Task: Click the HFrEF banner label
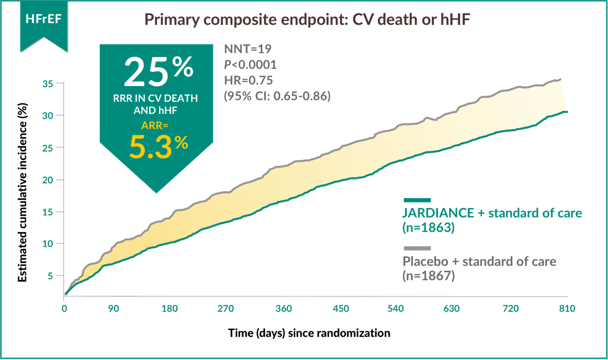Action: point(43,20)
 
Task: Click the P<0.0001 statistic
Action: point(250,65)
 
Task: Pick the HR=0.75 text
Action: point(248,80)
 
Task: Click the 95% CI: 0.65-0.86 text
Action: point(277,96)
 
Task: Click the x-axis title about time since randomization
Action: point(309,333)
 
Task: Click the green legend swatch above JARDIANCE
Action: point(417,200)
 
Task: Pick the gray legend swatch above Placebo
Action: point(417,248)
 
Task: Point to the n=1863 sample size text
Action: point(429,228)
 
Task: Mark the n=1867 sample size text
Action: point(429,276)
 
